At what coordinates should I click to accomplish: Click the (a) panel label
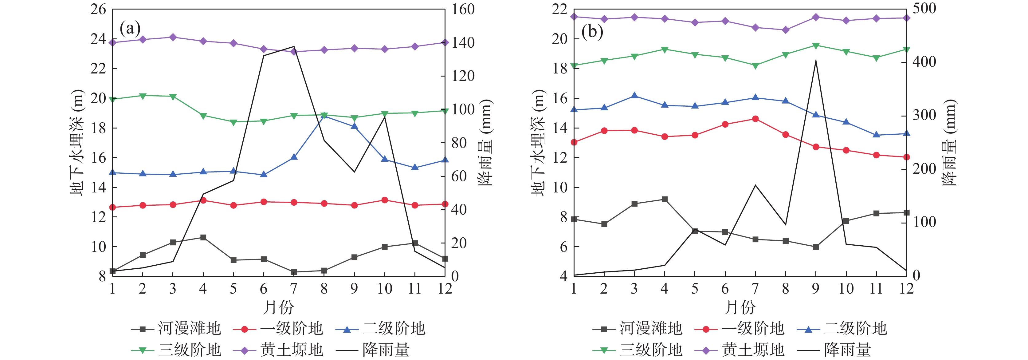(x=130, y=29)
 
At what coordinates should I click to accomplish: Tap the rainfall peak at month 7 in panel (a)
(x=294, y=47)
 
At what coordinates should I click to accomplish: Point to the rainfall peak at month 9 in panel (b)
(x=816, y=61)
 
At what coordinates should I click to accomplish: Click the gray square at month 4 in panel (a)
(x=203, y=237)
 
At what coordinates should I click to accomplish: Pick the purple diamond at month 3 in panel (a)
(x=173, y=37)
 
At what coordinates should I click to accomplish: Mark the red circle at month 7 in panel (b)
(x=755, y=119)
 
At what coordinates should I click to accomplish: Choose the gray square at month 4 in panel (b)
(x=665, y=199)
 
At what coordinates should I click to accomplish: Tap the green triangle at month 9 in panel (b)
(x=816, y=46)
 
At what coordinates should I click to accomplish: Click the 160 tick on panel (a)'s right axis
(x=463, y=9)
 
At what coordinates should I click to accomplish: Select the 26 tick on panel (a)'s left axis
(x=98, y=9)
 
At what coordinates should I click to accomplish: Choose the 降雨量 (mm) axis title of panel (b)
(x=951, y=142)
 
